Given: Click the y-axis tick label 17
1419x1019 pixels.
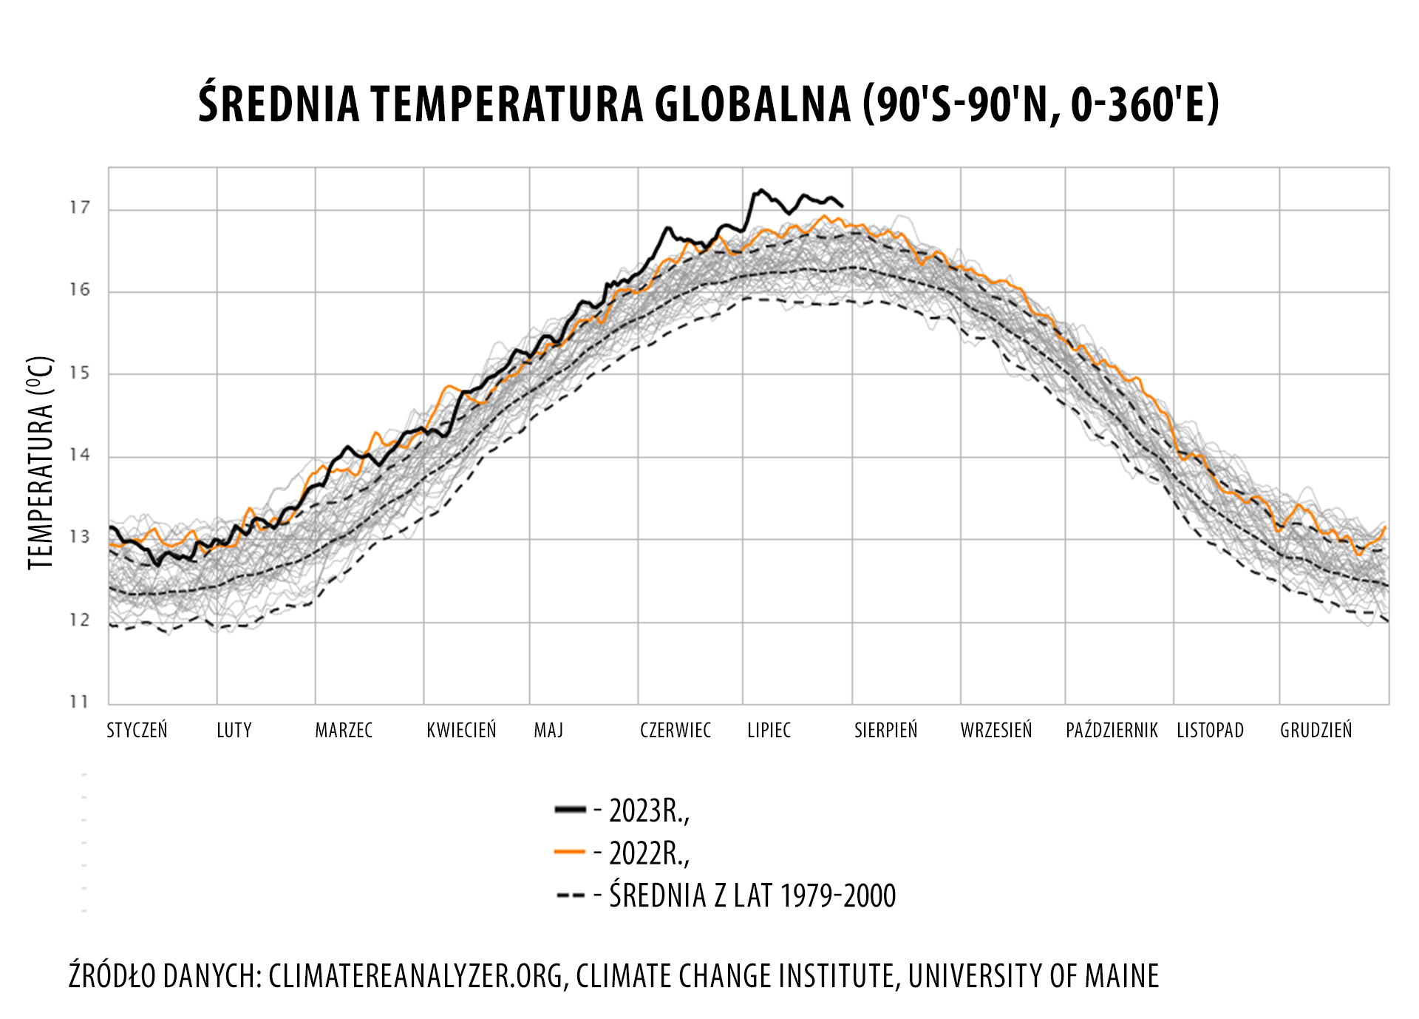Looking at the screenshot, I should pos(80,208).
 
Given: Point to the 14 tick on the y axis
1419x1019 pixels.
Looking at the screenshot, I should pos(80,455).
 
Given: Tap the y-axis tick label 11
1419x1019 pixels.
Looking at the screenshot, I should pos(80,701).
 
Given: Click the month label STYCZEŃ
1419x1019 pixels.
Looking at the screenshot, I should pos(137,731).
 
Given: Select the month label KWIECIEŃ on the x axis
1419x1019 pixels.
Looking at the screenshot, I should pos(461,731).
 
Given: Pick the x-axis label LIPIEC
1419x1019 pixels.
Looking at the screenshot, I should pos(769,731).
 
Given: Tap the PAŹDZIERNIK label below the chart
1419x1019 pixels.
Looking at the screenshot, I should pos(1112,731).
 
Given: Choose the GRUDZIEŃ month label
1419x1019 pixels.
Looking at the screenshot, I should pos(1316,731).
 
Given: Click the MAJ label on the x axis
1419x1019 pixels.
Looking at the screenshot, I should pos(548,731).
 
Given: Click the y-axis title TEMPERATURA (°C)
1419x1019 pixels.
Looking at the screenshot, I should pos(41,463).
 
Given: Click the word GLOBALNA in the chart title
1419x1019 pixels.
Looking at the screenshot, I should pos(752,104).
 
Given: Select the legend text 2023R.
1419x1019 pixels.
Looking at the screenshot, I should pos(649,811).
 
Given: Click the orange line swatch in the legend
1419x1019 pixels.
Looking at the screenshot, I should pos(569,853).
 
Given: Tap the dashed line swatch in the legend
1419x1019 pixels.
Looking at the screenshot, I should pos(571,896).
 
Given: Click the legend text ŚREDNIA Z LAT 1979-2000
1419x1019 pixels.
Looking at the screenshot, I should pos(752,896).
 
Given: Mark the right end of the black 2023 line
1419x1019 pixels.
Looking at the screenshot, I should pos(843,206).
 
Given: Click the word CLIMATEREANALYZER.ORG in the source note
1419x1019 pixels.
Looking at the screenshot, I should pos(418,976).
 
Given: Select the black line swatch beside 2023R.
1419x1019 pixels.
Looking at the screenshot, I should pos(570,810).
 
